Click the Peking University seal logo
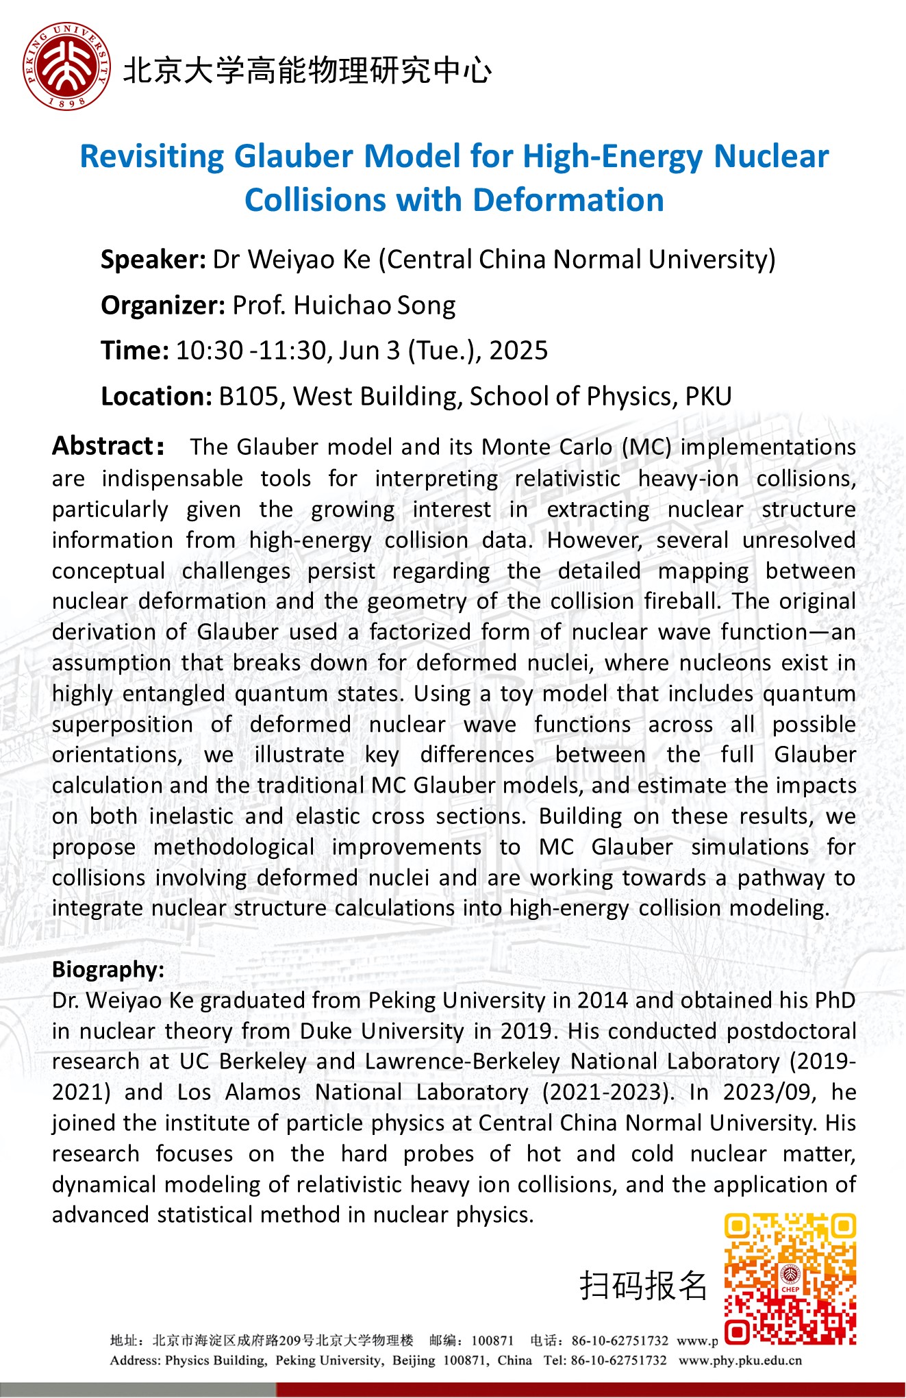pos(66,67)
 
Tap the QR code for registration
pos(790,1279)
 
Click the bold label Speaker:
pos(153,260)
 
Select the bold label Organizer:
pos(162,305)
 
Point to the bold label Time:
pos(134,351)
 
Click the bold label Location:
pos(156,397)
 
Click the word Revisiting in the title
pos(152,157)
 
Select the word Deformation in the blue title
pos(568,201)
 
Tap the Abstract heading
pos(108,446)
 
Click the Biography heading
pos(108,969)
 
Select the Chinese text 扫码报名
pos(642,1285)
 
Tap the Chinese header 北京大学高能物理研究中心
pos(307,71)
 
